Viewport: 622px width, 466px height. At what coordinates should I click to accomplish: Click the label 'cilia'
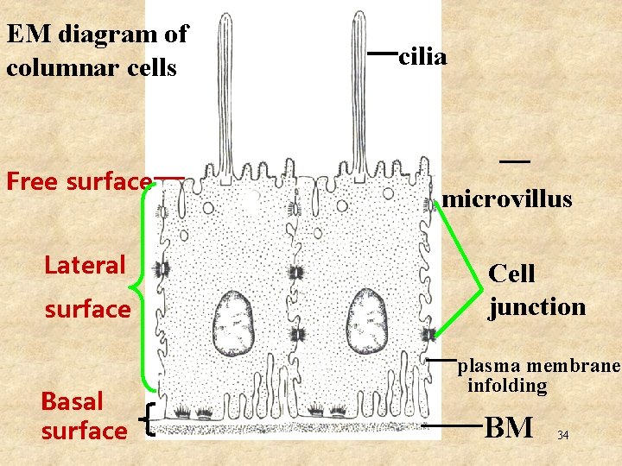point(422,58)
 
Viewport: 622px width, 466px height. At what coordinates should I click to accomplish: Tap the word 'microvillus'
point(507,199)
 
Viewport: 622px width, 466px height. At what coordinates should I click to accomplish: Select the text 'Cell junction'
point(536,290)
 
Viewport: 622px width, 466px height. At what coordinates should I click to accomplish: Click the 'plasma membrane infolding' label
point(538,375)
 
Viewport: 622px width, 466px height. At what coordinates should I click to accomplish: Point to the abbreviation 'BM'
point(509,426)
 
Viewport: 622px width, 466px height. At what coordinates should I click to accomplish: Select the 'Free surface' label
point(79,181)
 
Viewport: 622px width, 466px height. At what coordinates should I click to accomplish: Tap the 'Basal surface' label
point(83,416)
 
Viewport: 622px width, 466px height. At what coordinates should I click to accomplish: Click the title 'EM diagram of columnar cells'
point(96,51)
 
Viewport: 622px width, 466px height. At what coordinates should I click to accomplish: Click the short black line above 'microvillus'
point(514,161)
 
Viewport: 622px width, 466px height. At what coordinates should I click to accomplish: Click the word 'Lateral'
point(85,265)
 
